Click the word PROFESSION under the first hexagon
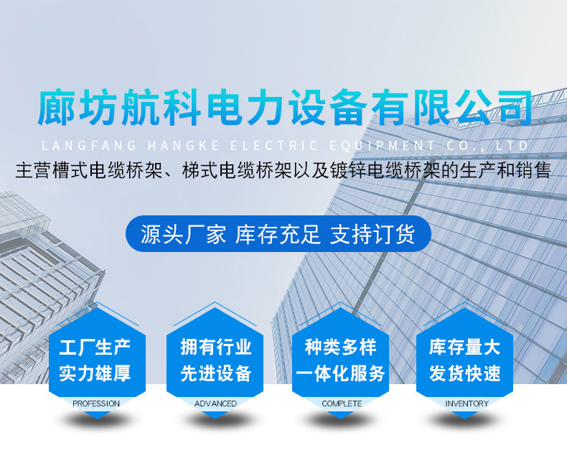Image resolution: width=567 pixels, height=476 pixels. (96, 403)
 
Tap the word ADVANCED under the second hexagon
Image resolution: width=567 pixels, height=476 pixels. (215, 403)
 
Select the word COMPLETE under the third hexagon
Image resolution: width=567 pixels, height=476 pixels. (342, 403)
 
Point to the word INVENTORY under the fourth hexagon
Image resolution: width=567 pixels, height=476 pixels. (467, 403)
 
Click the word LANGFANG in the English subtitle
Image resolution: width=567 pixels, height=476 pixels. (89, 146)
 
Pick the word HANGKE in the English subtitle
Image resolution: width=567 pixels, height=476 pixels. (184, 146)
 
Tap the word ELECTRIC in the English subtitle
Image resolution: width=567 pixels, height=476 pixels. (274, 146)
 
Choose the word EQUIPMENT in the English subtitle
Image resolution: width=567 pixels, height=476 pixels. (383, 146)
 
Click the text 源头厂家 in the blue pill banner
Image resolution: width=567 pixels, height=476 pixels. (183, 234)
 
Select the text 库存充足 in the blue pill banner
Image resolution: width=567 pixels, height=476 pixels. (278, 234)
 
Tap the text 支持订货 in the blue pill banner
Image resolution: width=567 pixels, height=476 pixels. (372, 234)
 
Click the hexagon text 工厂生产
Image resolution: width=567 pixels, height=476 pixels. (95, 347)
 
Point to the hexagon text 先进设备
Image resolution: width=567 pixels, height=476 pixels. (216, 373)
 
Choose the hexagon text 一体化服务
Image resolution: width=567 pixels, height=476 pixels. (340, 373)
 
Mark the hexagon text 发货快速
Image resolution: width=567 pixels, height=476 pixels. (465, 373)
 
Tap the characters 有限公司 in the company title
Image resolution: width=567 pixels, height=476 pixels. (451, 108)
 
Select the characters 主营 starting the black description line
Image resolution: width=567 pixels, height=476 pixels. (33, 170)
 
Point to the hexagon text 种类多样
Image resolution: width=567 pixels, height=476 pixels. (340, 347)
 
